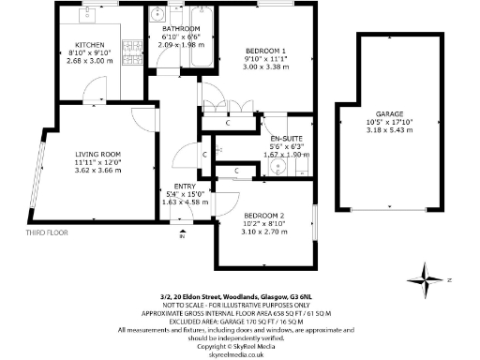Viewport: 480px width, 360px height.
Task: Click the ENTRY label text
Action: click(x=172, y=186)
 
